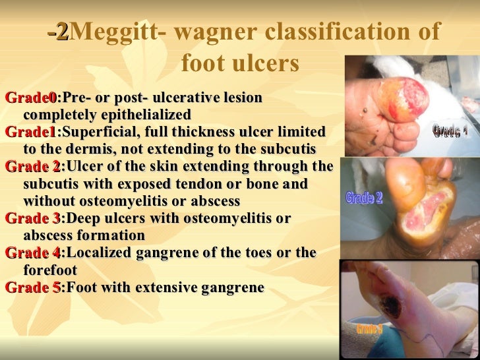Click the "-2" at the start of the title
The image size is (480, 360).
click(x=57, y=32)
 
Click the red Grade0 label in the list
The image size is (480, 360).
click(x=30, y=98)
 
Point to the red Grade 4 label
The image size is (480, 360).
click(x=32, y=253)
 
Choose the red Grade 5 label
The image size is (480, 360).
click(x=32, y=287)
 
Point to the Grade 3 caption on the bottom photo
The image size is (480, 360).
click(x=369, y=328)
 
